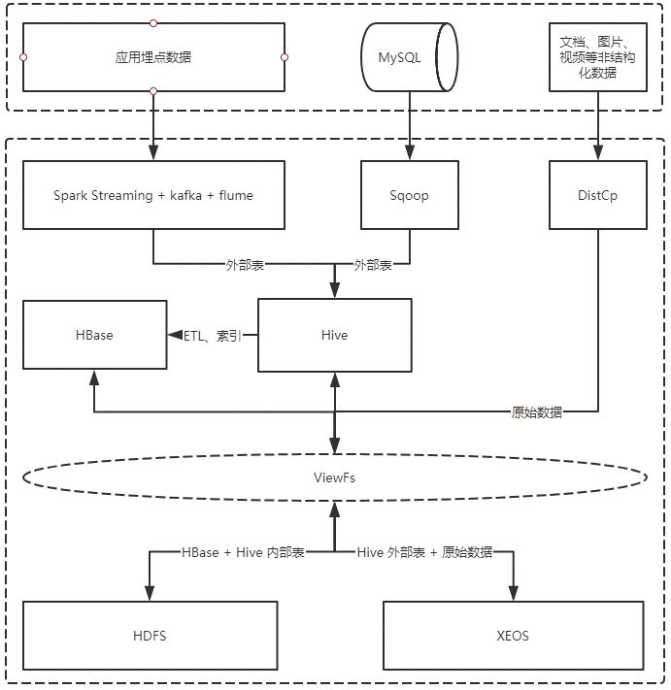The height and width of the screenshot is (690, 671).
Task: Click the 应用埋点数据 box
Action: (153, 57)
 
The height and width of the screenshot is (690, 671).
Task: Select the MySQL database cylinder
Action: (408, 57)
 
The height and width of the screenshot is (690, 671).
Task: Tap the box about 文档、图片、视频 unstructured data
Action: (597, 57)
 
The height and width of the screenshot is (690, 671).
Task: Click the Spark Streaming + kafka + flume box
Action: (153, 195)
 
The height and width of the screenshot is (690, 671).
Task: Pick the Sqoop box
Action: (409, 195)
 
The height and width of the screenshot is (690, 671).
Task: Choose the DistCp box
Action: (597, 195)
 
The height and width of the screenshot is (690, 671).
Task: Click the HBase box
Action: (93, 335)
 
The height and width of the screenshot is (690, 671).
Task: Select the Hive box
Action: (334, 335)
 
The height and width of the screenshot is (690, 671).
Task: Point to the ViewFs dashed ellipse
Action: (334, 476)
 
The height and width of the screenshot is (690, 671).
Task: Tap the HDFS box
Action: (150, 636)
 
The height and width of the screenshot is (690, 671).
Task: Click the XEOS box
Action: (513, 636)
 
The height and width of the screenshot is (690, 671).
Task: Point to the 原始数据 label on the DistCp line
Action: (537, 412)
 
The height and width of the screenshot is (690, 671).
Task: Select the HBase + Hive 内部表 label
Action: (243, 552)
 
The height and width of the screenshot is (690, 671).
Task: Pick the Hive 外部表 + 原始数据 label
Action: (424, 552)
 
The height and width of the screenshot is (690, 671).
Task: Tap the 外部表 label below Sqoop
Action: (373, 264)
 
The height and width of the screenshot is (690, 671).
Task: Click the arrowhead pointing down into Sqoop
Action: (409, 153)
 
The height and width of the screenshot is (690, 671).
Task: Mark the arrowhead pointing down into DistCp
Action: (597, 153)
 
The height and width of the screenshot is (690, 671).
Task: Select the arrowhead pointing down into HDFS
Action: (150, 594)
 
